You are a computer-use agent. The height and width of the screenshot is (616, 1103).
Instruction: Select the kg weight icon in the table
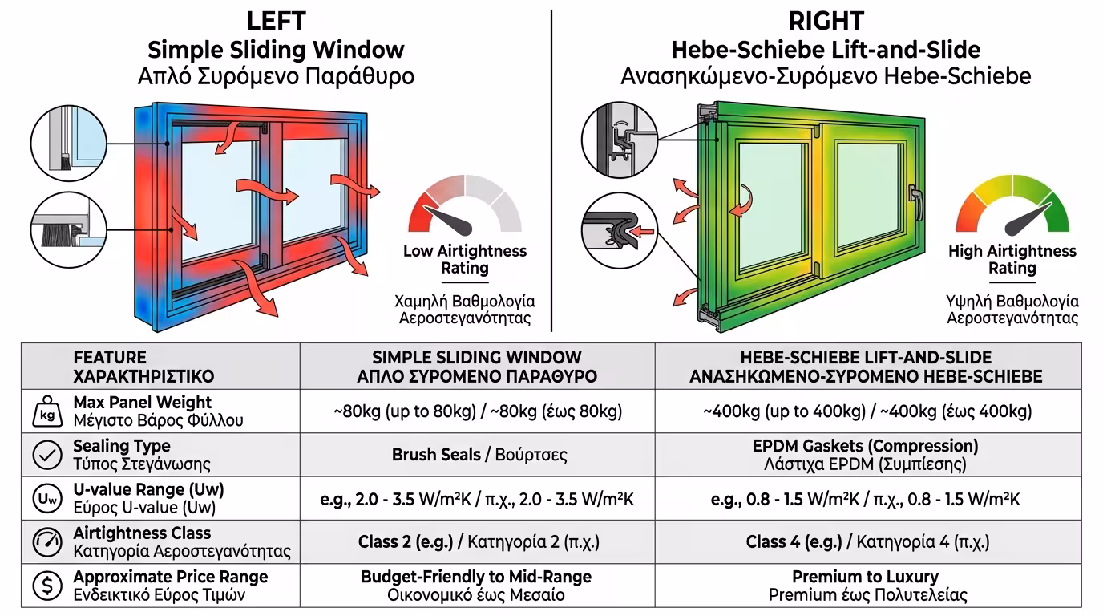click(x=46, y=411)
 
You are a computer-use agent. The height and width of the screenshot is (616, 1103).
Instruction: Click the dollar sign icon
click(x=46, y=586)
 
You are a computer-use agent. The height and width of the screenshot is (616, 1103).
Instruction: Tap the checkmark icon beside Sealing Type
click(x=46, y=455)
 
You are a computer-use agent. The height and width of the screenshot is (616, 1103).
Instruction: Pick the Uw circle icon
click(x=46, y=499)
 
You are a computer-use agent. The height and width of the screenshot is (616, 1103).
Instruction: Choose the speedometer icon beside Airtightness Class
click(x=46, y=542)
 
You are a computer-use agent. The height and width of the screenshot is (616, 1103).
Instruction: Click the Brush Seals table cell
click(x=479, y=455)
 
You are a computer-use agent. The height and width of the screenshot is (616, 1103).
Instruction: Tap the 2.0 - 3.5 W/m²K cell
click(x=479, y=499)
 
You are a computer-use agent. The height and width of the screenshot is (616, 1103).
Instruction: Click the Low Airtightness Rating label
click(x=465, y=259)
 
